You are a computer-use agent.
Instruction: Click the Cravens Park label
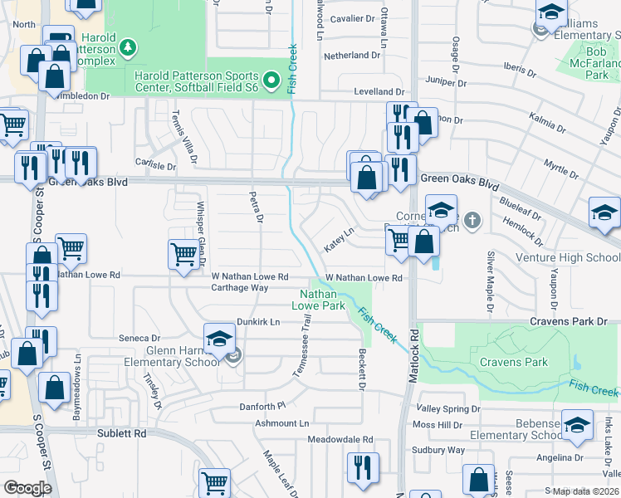(513, 363)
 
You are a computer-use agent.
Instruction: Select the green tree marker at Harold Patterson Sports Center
(127, 47)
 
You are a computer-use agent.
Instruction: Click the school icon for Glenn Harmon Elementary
(219, 339)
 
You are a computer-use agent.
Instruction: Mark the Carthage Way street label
(239, 288)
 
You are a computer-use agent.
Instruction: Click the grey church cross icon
(472, 220)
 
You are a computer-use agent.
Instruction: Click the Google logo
(27, 488)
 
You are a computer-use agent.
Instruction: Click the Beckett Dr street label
(362, 369)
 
